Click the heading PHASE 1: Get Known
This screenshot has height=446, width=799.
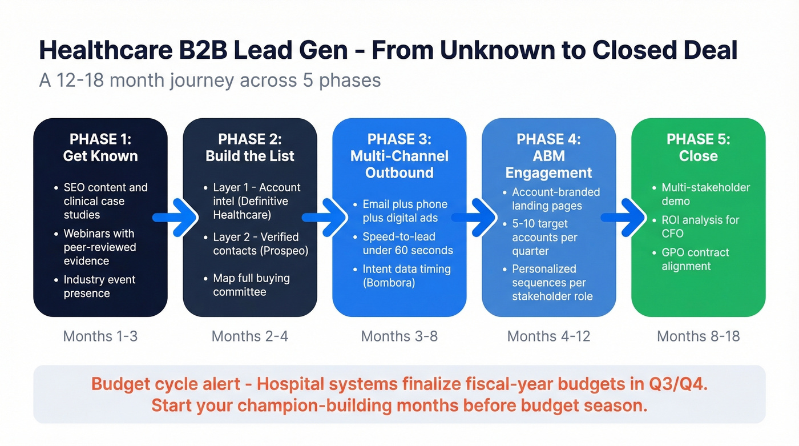(100, 148)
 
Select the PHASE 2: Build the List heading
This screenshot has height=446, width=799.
(250, 148)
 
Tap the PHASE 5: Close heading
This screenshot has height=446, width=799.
(698, 148)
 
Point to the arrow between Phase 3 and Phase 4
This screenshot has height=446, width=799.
(474, 218)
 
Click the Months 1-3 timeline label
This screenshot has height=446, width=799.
(100, 336)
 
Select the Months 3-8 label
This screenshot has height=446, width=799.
(399, 336)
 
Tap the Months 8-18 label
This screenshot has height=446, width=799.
(698, 336)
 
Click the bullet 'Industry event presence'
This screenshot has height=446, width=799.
(99, 287)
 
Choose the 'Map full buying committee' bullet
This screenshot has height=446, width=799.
(251, 285)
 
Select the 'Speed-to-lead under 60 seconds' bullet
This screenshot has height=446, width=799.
(407, 243)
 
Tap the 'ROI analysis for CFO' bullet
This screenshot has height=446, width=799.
(700, 227)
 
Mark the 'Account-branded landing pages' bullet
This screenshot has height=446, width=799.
(555, 199)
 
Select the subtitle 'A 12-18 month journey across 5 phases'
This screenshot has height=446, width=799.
(210, 81)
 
